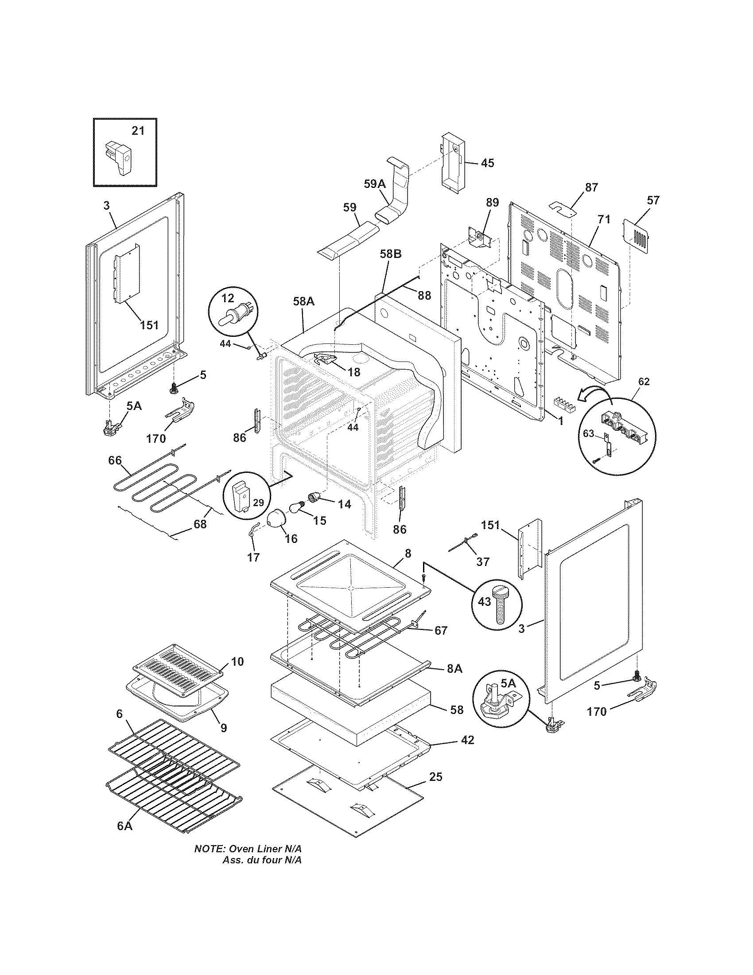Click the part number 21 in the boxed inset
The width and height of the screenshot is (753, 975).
point(138,131)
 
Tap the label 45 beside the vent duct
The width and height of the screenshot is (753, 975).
point(488,163)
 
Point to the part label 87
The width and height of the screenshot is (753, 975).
point(591,187)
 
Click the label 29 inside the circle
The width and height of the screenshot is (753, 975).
point(258,503)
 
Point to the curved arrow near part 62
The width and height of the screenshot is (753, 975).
point(593,393)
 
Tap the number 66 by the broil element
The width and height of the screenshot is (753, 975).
point(115,460)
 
